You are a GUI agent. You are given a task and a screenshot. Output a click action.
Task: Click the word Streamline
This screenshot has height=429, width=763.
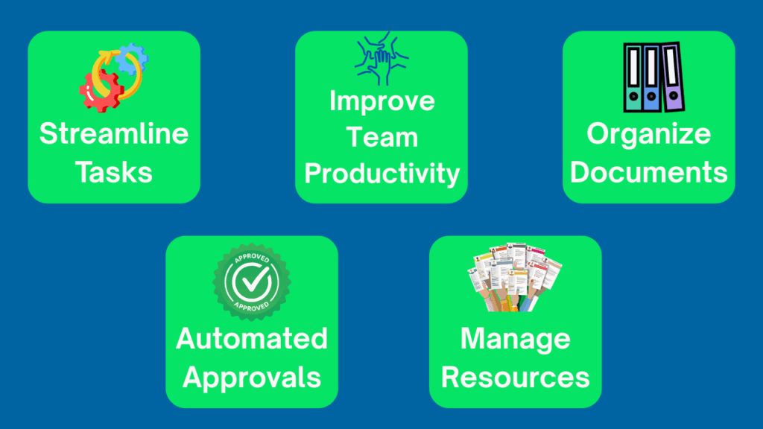click(x=114, y=133)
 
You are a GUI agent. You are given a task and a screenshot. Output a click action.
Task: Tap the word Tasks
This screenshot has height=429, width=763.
click(x=114, y=172)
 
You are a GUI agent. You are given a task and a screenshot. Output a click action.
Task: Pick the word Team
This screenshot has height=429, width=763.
click(x=382, y=137)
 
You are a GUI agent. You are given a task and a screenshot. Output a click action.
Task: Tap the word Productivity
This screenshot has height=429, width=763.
click(x=382, y=174)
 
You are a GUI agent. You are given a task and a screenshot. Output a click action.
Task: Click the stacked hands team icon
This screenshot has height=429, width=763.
click(x=381, y=58)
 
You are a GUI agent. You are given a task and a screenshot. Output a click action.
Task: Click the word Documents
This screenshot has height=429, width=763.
click(x=649, y=172)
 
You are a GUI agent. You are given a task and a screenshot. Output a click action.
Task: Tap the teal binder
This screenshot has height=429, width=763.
click(x=633, y=78)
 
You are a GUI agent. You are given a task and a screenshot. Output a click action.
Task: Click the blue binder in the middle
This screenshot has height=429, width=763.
click(x=651, y=78)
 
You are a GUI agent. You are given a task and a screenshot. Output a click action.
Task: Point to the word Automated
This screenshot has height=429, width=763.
click(x=252, y=339)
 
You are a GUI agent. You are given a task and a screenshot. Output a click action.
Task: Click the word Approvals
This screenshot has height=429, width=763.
click(x=252, y=378)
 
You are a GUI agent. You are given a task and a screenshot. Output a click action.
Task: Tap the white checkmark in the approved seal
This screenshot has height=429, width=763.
click(x=253, y=281)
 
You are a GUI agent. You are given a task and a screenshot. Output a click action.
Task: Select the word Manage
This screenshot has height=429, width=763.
click(x=516, y=340)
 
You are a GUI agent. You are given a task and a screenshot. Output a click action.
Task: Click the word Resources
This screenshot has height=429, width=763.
click(x=516, y=378)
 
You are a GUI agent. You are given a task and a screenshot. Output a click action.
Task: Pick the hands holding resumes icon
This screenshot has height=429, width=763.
click(x=514, y=276)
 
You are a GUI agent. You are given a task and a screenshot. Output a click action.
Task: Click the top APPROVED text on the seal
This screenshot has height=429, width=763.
click(x=252, y=258)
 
